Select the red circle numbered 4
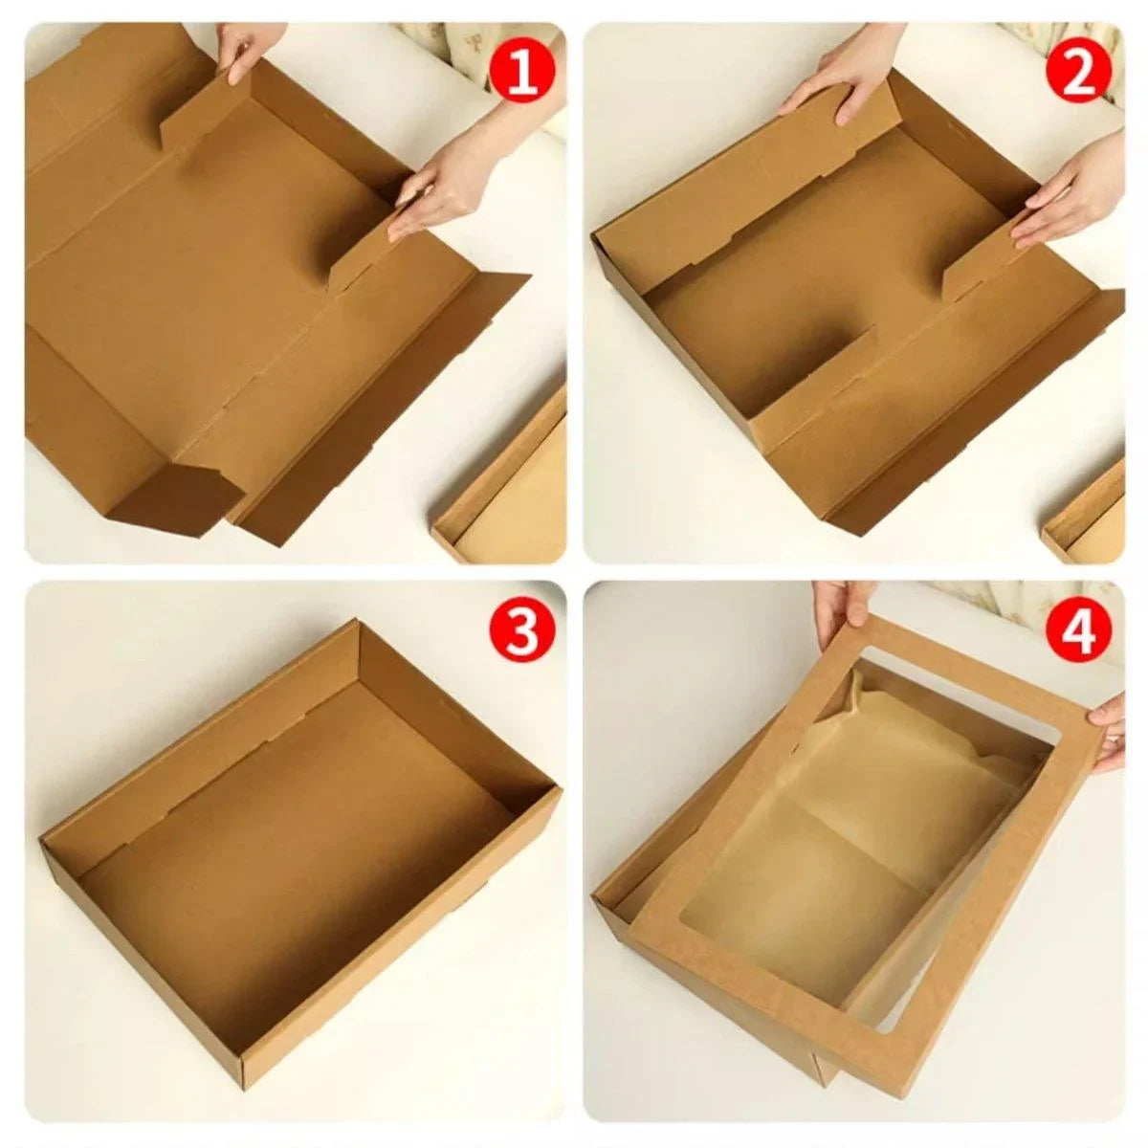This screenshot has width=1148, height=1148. pyautogui.click(x=1078, y=632)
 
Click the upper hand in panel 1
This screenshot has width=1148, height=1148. pyautogui.click(x=243, y=48)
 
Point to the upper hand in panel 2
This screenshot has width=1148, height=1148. pyautogui.click(x=842, y=81)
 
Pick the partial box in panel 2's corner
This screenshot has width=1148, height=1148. pyautogui.click(x=1091, y=517)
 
